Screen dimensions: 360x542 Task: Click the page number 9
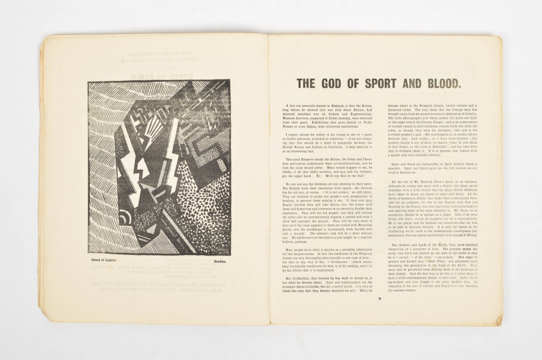(x=380, y=298)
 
